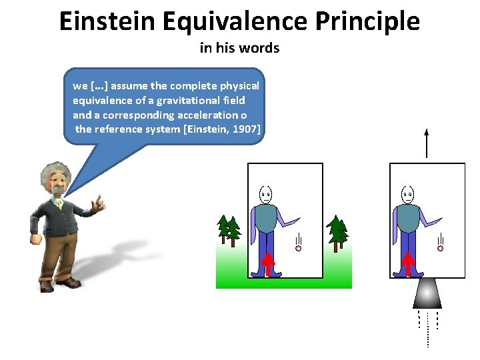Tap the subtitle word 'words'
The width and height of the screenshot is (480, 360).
coord(263,48)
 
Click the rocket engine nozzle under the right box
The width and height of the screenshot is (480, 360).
coord(427,293)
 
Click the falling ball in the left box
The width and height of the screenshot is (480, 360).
coord(299,248)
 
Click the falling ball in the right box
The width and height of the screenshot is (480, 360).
coord(440,248)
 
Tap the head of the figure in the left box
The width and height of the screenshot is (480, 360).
coord(266,195)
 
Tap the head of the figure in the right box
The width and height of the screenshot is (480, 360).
coord(407,195)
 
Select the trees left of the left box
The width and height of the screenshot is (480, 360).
coord(229,230)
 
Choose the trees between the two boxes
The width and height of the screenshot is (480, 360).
coord(339,232)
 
